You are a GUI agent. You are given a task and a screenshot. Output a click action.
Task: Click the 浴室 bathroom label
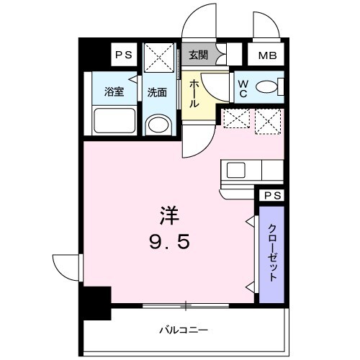click(114, 91)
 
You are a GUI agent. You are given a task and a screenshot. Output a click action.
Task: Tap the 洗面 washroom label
click(157, 91)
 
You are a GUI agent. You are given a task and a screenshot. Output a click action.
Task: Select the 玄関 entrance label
click(197, 53)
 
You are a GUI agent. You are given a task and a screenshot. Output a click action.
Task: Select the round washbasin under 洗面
click(158, 125)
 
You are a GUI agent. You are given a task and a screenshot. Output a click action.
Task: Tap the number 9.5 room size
click(171, 242)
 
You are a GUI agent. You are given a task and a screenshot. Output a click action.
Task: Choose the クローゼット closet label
click(273, 253)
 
